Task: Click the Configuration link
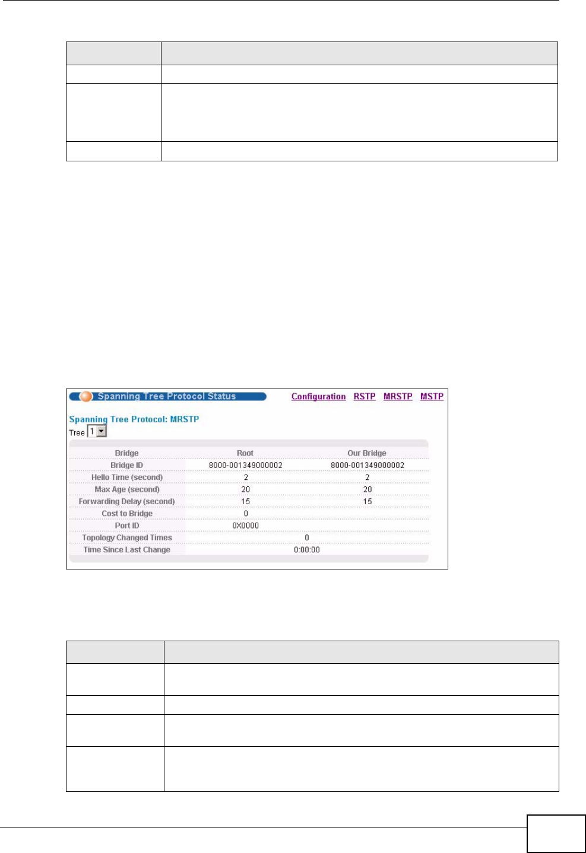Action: point(318,397)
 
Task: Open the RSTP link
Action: point(365,397)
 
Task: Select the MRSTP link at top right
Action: point(398,397)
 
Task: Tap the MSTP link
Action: point(432,397)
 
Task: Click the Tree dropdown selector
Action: point(97,432)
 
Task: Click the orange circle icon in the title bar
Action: point(87,396)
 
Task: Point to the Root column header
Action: point(245,453)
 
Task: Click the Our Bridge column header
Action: point(367,453)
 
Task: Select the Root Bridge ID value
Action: point(246,466)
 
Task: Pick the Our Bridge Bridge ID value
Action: point(368,466)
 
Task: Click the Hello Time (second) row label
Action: point(127,478)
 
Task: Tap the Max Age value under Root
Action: point(246,489)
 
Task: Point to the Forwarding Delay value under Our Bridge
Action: point(368,502)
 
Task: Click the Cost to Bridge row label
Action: point(127,514)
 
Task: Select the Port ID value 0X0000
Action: point(246,526)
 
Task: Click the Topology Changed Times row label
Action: point(127,538)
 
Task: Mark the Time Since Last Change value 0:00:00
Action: point(307,550)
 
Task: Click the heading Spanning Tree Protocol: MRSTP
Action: point(134,419)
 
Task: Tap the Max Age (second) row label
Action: point(127,489)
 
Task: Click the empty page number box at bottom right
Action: point(556,833)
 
